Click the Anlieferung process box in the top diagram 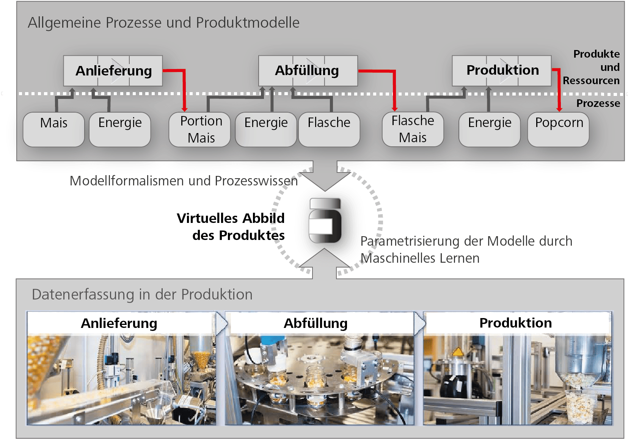[x=113, y=71]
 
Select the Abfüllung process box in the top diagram [x=308, y=71]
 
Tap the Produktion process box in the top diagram [x=501, y=71]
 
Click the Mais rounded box [x=54, y=129]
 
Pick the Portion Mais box [x=200, y=129]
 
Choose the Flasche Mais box [x=413, y=129]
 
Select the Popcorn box [x=559, y=129]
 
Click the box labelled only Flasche [x=329, y=129]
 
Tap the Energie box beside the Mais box [x=120, y=129]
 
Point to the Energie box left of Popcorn [x=489, y=129]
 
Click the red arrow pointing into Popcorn [x=559, y=91]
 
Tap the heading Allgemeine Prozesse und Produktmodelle [x=163, y=23]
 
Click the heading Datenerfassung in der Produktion [x=142, y=295]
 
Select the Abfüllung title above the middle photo [x=316, y=323]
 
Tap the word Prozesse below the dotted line [x=598, y=103]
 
